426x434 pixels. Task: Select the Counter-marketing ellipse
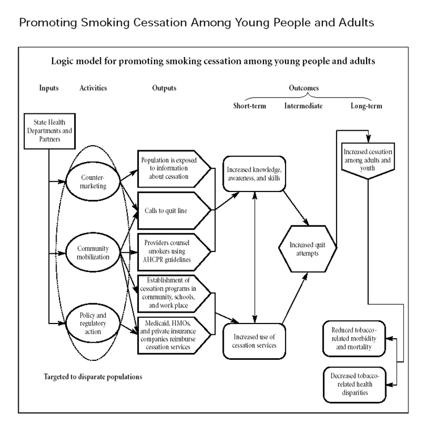click(94, 181)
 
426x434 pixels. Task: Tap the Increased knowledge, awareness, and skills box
click(253, 173)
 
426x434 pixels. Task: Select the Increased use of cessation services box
click(253, 340)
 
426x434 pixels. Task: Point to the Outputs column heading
click(164, 88)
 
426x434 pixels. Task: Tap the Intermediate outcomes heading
click(303, 105)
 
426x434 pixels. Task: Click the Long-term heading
click(366, 105)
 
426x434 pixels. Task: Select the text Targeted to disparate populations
click(93, 376)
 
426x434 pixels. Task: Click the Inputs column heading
click(49, 88)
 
